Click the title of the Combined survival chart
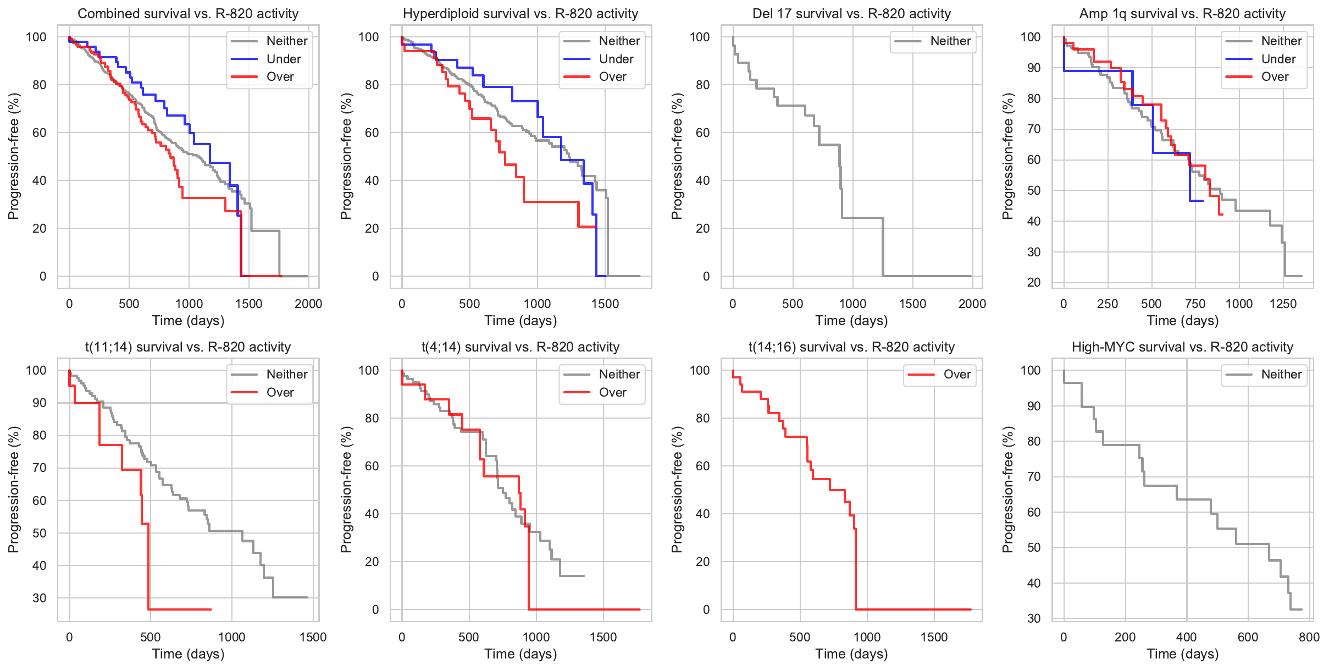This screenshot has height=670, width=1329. click(x=188, y=14)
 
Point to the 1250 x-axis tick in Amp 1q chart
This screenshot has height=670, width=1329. click(x=1283, y=304)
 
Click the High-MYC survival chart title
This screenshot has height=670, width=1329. click(x=1182, y=347)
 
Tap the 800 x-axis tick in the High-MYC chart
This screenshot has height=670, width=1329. click(x=1309, y=637)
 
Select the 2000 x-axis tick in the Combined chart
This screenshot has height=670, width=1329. click(x=308, y=304)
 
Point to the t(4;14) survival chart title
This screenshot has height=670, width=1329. click(x=520, y=347)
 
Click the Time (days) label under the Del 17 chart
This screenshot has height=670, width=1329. click(x=851, y=321)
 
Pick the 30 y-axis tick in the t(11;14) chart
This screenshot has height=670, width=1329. click(x=40, y=598)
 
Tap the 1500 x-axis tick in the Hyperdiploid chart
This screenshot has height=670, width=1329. click(x=605, y=304)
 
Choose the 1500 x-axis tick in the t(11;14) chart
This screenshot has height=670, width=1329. click(x=313, y=637)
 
